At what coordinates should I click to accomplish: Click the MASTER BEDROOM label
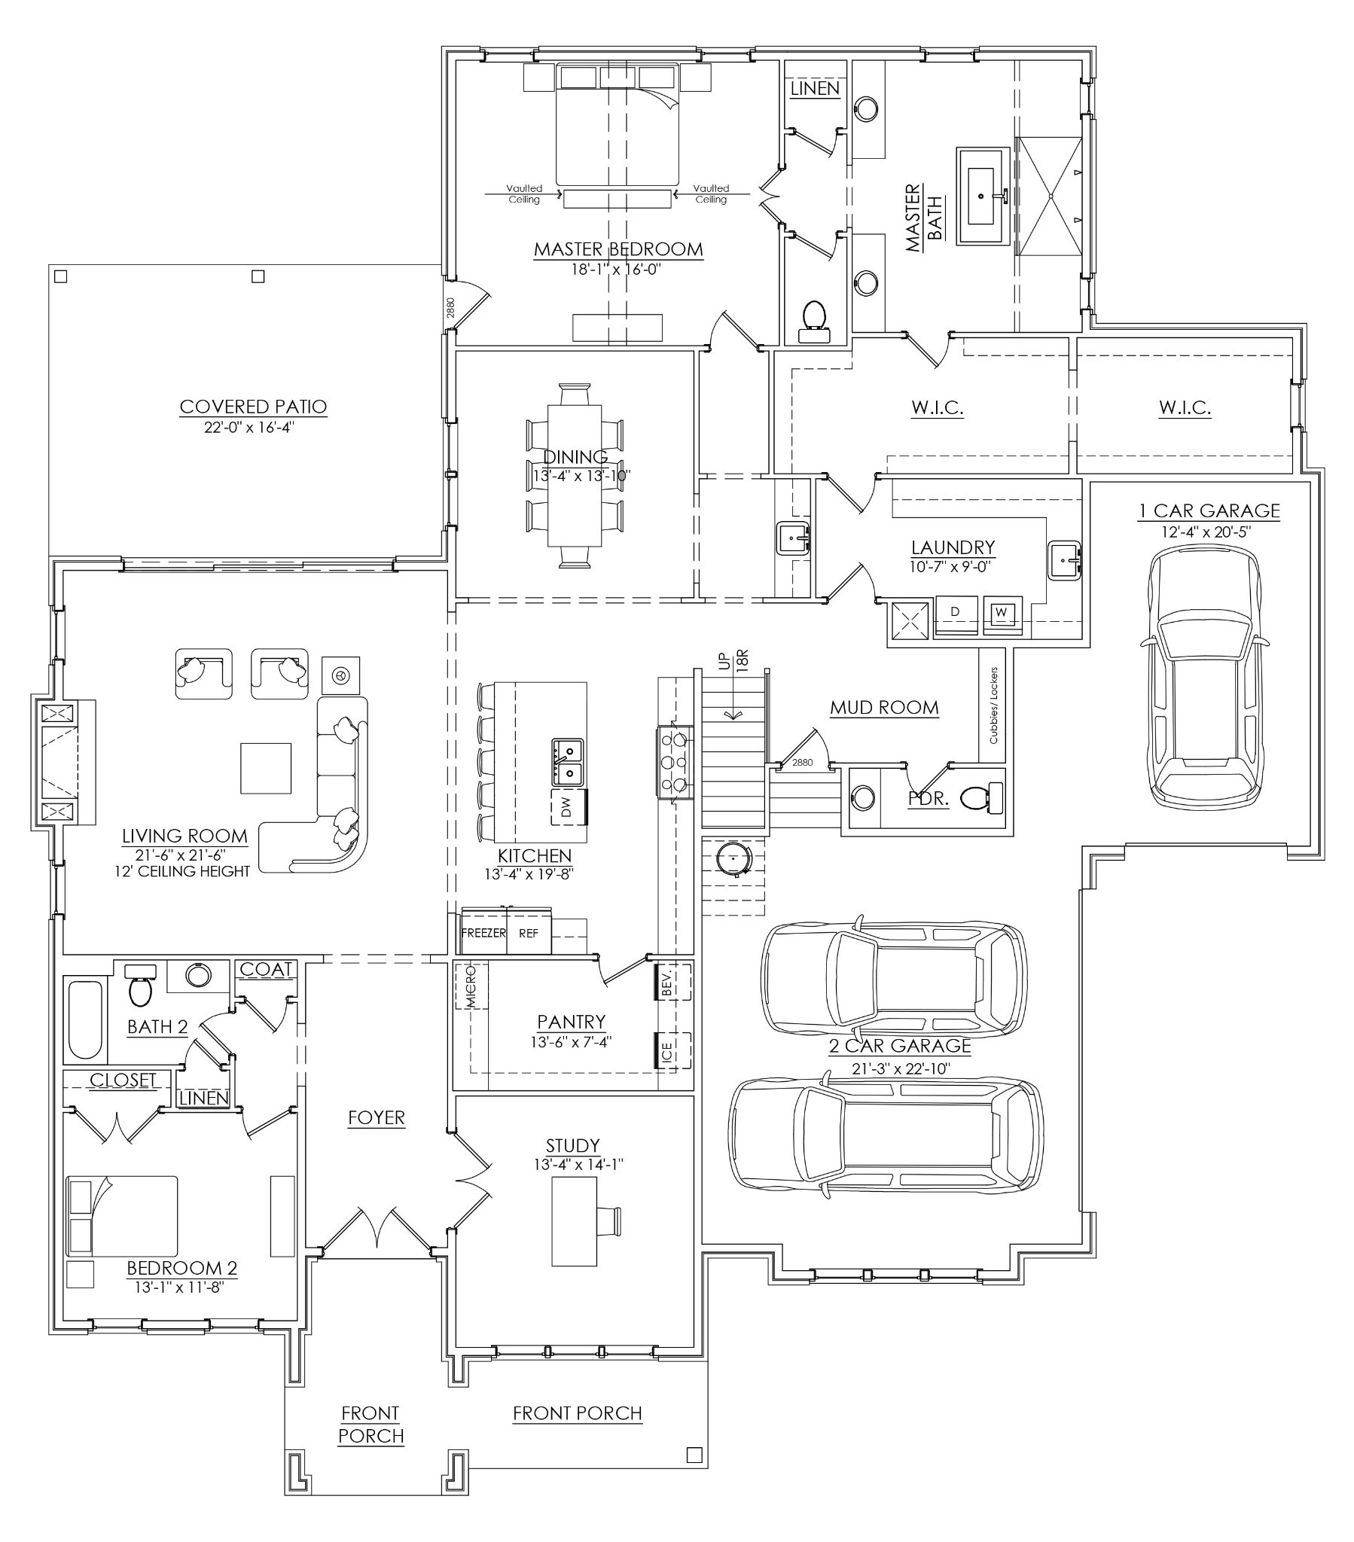tap(618, 249)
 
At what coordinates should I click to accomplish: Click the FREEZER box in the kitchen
tap(483, 933)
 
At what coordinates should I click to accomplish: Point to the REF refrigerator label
tap(529, 933)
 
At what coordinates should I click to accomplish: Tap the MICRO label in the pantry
tap(471, 986)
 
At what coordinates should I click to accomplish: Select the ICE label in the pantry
tap(666, 1050)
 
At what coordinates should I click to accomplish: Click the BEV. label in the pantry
tap(666, 982)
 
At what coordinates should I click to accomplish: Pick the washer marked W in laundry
tap(1001, 612)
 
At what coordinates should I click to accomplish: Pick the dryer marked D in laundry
tap(955, 612)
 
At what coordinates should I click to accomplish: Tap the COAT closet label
tap(266, 969)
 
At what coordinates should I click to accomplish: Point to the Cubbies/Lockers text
tap(993, 705)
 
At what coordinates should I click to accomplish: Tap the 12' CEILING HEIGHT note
tap(185, 871)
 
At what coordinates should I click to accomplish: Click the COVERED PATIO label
tap(253, 407)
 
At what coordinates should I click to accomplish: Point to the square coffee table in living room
tap(266, 768)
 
